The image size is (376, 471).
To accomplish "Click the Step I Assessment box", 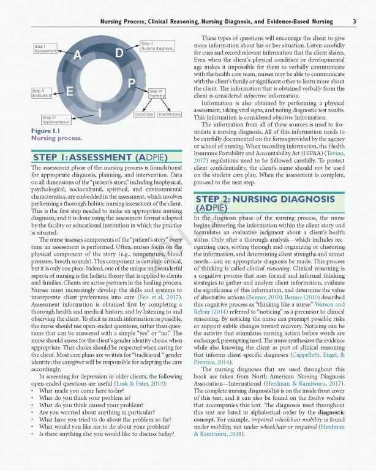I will [x=45, y=49].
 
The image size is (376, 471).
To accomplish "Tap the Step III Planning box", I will [x=156, y=93].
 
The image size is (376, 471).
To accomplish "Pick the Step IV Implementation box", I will [x=57, y=119].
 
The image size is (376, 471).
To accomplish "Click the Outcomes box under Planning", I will [x=144, y=114].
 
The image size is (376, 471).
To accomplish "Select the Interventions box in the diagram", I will [x=170, y=114].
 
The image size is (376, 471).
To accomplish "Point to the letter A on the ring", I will [x=78, y=56].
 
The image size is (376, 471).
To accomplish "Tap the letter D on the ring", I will [x=119, y=54].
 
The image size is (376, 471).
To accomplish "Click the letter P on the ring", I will [x=132, y=83].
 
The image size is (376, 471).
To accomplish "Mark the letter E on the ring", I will [x=69, y=92].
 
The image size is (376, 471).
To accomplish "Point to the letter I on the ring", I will [x=99, y=113].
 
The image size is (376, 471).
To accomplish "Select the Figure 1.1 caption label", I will [x=45, y=131].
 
